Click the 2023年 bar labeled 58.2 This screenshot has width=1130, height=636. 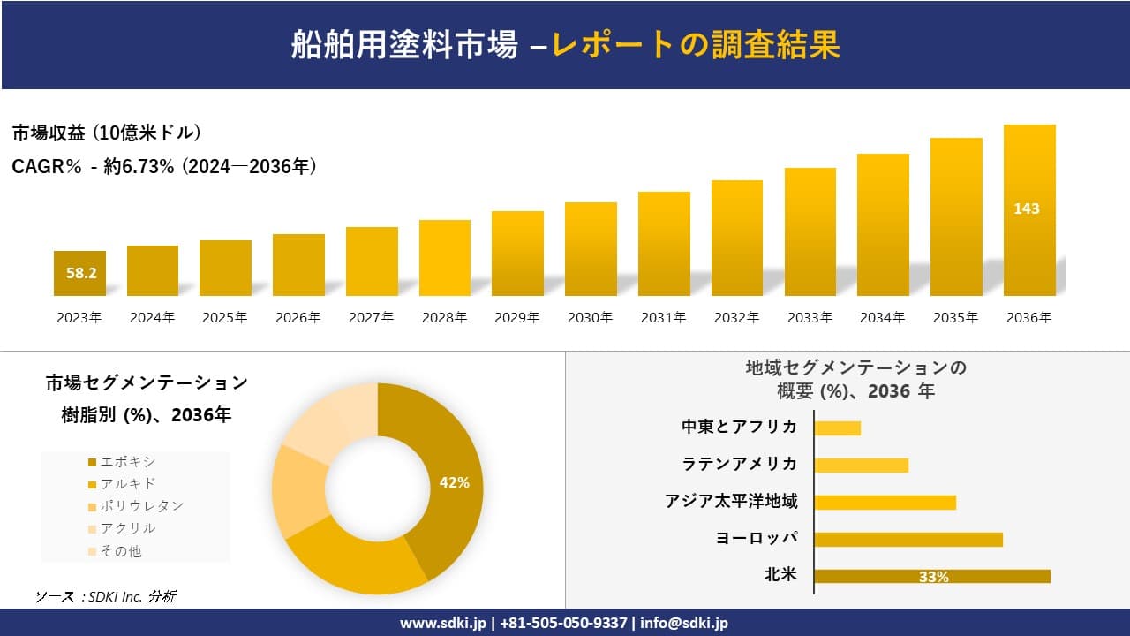click(79, 273)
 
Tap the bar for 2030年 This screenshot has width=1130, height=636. click(591, 249)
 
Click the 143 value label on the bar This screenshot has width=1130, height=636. click(1027, 209)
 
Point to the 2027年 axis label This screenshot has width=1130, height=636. click(371, 318)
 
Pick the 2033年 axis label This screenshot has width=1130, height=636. click(810, 318)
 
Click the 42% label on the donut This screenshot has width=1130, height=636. click(455, 483)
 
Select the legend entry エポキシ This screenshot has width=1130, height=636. click(128, 462)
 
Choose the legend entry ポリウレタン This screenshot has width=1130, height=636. click(141, 506)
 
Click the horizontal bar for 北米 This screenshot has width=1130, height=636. click(932, 576)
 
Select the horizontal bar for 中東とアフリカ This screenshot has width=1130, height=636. click(837, 428)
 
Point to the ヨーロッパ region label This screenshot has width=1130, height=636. click(757, 539)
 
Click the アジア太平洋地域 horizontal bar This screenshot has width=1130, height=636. click(885, 502)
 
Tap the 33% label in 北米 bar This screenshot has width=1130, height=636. click(933, 577)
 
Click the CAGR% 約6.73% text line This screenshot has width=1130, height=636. click(164, 166)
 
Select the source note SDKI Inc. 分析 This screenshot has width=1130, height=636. click(106, 597)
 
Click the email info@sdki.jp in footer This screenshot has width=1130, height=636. click(684, 623)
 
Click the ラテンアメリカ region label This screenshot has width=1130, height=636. click(739, 465)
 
